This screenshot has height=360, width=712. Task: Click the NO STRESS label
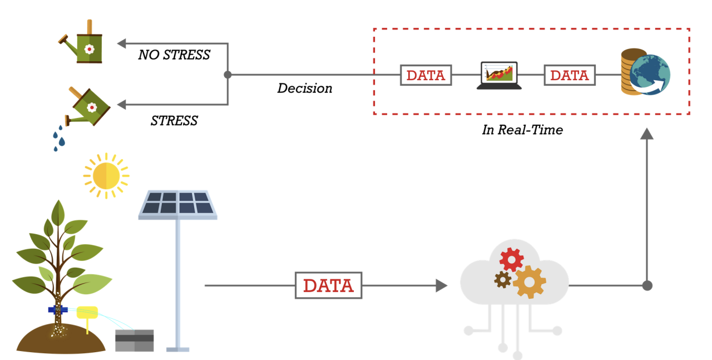pos(174,55)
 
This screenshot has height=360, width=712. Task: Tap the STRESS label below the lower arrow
pos(174,121)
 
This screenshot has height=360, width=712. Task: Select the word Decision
pos(305,88)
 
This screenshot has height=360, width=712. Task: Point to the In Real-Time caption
pos(522,130)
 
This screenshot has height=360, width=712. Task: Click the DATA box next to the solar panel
pos(329,285)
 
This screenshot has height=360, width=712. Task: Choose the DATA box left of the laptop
pos(426,75)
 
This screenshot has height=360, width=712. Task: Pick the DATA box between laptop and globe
pos(570,75)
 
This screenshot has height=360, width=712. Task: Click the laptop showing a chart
pos(499,76)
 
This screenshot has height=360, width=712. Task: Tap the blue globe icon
pos(650,75)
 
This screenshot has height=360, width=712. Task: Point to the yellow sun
pos(106,175)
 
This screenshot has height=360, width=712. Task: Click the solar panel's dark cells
pos(177,203)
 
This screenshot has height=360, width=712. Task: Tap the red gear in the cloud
pos(511,259)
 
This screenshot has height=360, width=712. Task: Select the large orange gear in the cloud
pos(529,282)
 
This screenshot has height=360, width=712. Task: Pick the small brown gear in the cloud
pos(502,280)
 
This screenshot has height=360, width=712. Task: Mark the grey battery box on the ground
pos(135,341)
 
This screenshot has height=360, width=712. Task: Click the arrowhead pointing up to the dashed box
pos(647,134)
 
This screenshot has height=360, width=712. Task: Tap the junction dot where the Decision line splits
pos(228,75)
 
